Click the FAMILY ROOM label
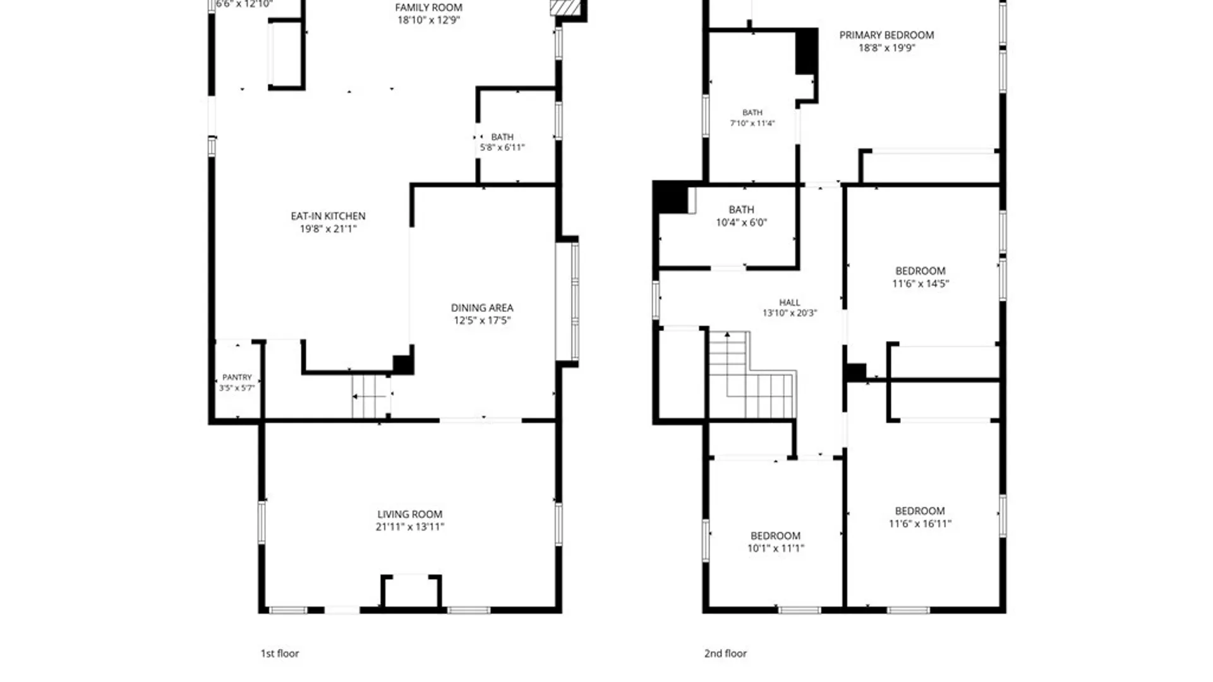428,8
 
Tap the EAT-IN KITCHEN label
328,216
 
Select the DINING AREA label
482,308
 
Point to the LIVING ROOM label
410,514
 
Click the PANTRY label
237,377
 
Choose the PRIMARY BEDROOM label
886,35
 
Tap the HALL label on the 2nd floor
790,302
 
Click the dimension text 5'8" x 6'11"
502,148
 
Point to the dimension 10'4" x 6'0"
741,222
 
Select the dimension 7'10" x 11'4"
752,123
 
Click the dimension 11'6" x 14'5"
920,284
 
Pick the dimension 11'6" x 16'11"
920,523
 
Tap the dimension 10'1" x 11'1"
776,548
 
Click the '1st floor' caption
280,654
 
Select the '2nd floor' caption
725,654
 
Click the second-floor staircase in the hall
751,376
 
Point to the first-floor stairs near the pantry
371,397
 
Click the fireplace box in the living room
411,592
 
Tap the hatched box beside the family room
565,8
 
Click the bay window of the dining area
567,302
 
